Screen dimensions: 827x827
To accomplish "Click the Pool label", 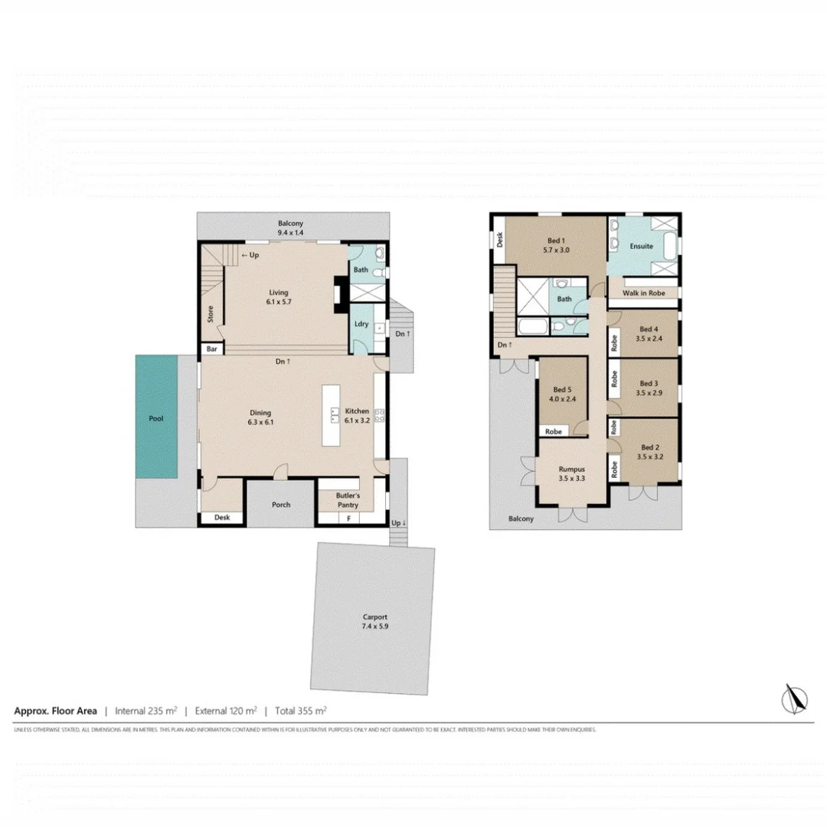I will tap(156, 419).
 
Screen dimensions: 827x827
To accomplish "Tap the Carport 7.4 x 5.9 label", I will tap(375, 621).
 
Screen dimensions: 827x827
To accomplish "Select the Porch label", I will tap(281, 505).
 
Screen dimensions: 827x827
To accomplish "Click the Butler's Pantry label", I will tap(348, 500).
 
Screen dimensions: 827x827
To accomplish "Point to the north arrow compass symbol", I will tap(796, 698).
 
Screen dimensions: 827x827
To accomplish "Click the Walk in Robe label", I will tap(642, 293).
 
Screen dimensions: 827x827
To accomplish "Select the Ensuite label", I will tap(641, 247).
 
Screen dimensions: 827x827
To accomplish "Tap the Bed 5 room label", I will tap(562, 389).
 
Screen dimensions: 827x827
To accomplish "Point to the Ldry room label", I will tap(361, 324).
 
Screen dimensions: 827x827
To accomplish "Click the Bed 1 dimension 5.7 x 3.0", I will tap(556, 250).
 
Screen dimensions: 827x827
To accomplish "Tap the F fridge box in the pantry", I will tap(349, 518).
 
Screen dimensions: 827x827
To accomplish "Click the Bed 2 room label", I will tap(649, 452).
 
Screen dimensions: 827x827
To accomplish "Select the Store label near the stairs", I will tap(210, 314).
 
